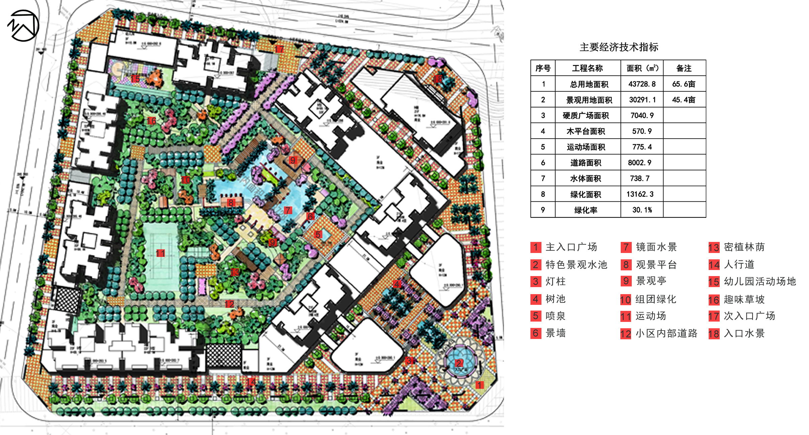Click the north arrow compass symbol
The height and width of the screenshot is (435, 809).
coord(23,26)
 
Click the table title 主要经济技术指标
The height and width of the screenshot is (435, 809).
coord(619,47)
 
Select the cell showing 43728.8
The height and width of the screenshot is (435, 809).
coord(642,84)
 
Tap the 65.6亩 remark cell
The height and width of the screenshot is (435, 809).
coord(684,84)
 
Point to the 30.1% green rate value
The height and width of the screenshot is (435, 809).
coord(642,210)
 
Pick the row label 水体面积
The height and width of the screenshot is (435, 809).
coord(585,179)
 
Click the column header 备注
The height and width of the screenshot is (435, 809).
coord(684,68)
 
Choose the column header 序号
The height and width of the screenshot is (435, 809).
coord(542,68)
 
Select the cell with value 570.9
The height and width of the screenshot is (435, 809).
coord(642,131)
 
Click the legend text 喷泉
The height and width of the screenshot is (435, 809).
coord(555,316)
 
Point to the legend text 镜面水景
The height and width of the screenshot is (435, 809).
coord(656,247)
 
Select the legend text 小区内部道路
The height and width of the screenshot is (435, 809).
coord(666,333)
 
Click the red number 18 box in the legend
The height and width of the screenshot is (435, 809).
coord(714,334)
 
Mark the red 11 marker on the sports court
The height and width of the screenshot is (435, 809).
coord(160,253)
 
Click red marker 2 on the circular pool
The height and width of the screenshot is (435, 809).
coord(459,363)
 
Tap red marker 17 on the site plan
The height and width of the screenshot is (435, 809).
coord(279,50)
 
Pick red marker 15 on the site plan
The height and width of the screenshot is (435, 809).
coord(135,79)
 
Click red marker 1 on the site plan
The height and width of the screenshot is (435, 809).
coord(479,385)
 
